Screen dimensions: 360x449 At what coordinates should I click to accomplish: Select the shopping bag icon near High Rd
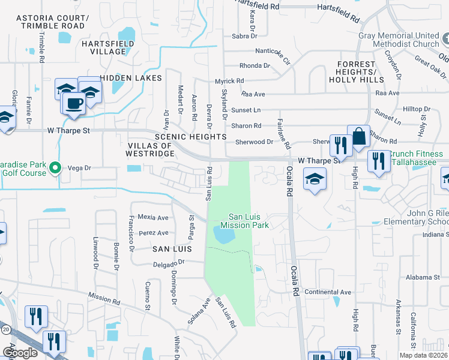pos(358,136)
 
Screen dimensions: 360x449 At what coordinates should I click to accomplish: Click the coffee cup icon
pos(74,103)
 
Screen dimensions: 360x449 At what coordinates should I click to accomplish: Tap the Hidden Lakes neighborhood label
pos(131,78)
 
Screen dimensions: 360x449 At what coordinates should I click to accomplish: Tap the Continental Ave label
pos(328,292)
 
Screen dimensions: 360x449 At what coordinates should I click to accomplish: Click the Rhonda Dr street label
pos(255,65)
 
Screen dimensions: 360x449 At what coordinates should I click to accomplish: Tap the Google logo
pos(19,353)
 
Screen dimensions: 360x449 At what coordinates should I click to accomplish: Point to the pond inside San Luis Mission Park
pos(223,235)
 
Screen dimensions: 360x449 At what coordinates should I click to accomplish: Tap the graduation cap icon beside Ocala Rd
pos(315,179)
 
